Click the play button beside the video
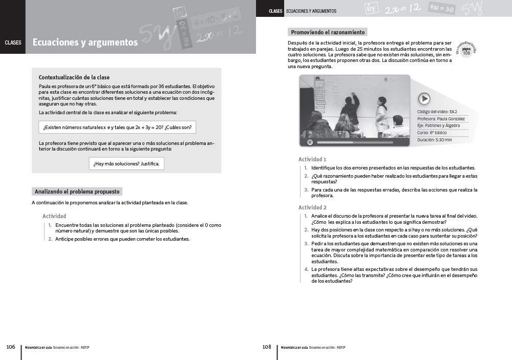coord(424,98)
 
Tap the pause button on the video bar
coord(310,142)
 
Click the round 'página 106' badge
coord(466,52)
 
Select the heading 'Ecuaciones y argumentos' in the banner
coord(85,43)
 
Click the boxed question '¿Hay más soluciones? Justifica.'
coord(126,164)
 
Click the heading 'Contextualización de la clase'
coord(74,77)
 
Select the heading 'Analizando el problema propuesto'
coord(77,192)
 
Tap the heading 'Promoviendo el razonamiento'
coord(327,32)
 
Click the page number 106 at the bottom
coord(10,347)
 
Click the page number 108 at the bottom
coord(266,347)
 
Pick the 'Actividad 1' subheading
coord(312,159)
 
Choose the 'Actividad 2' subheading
coord(312,207)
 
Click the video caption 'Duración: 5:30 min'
coord(435,140)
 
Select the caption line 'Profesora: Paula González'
coord(441,119)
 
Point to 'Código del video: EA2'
coord(437,112)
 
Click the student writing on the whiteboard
coord(351,108)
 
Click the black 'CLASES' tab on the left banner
coord(13,43)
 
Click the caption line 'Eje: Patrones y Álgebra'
coord(438,125)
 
